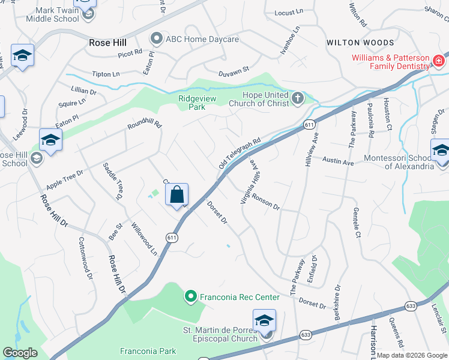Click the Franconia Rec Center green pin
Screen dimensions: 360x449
[190, 296]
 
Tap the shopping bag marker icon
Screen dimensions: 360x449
[176, 195]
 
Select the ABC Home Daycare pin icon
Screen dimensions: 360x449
[157, 39]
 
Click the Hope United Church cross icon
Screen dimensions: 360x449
[297, 98]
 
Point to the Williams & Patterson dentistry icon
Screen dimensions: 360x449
[439, 61]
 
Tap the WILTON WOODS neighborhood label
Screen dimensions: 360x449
[360, 43]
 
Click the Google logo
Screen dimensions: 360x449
[20, 353]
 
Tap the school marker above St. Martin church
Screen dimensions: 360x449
[264, 320]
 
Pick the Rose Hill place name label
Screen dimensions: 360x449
[109, 43]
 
